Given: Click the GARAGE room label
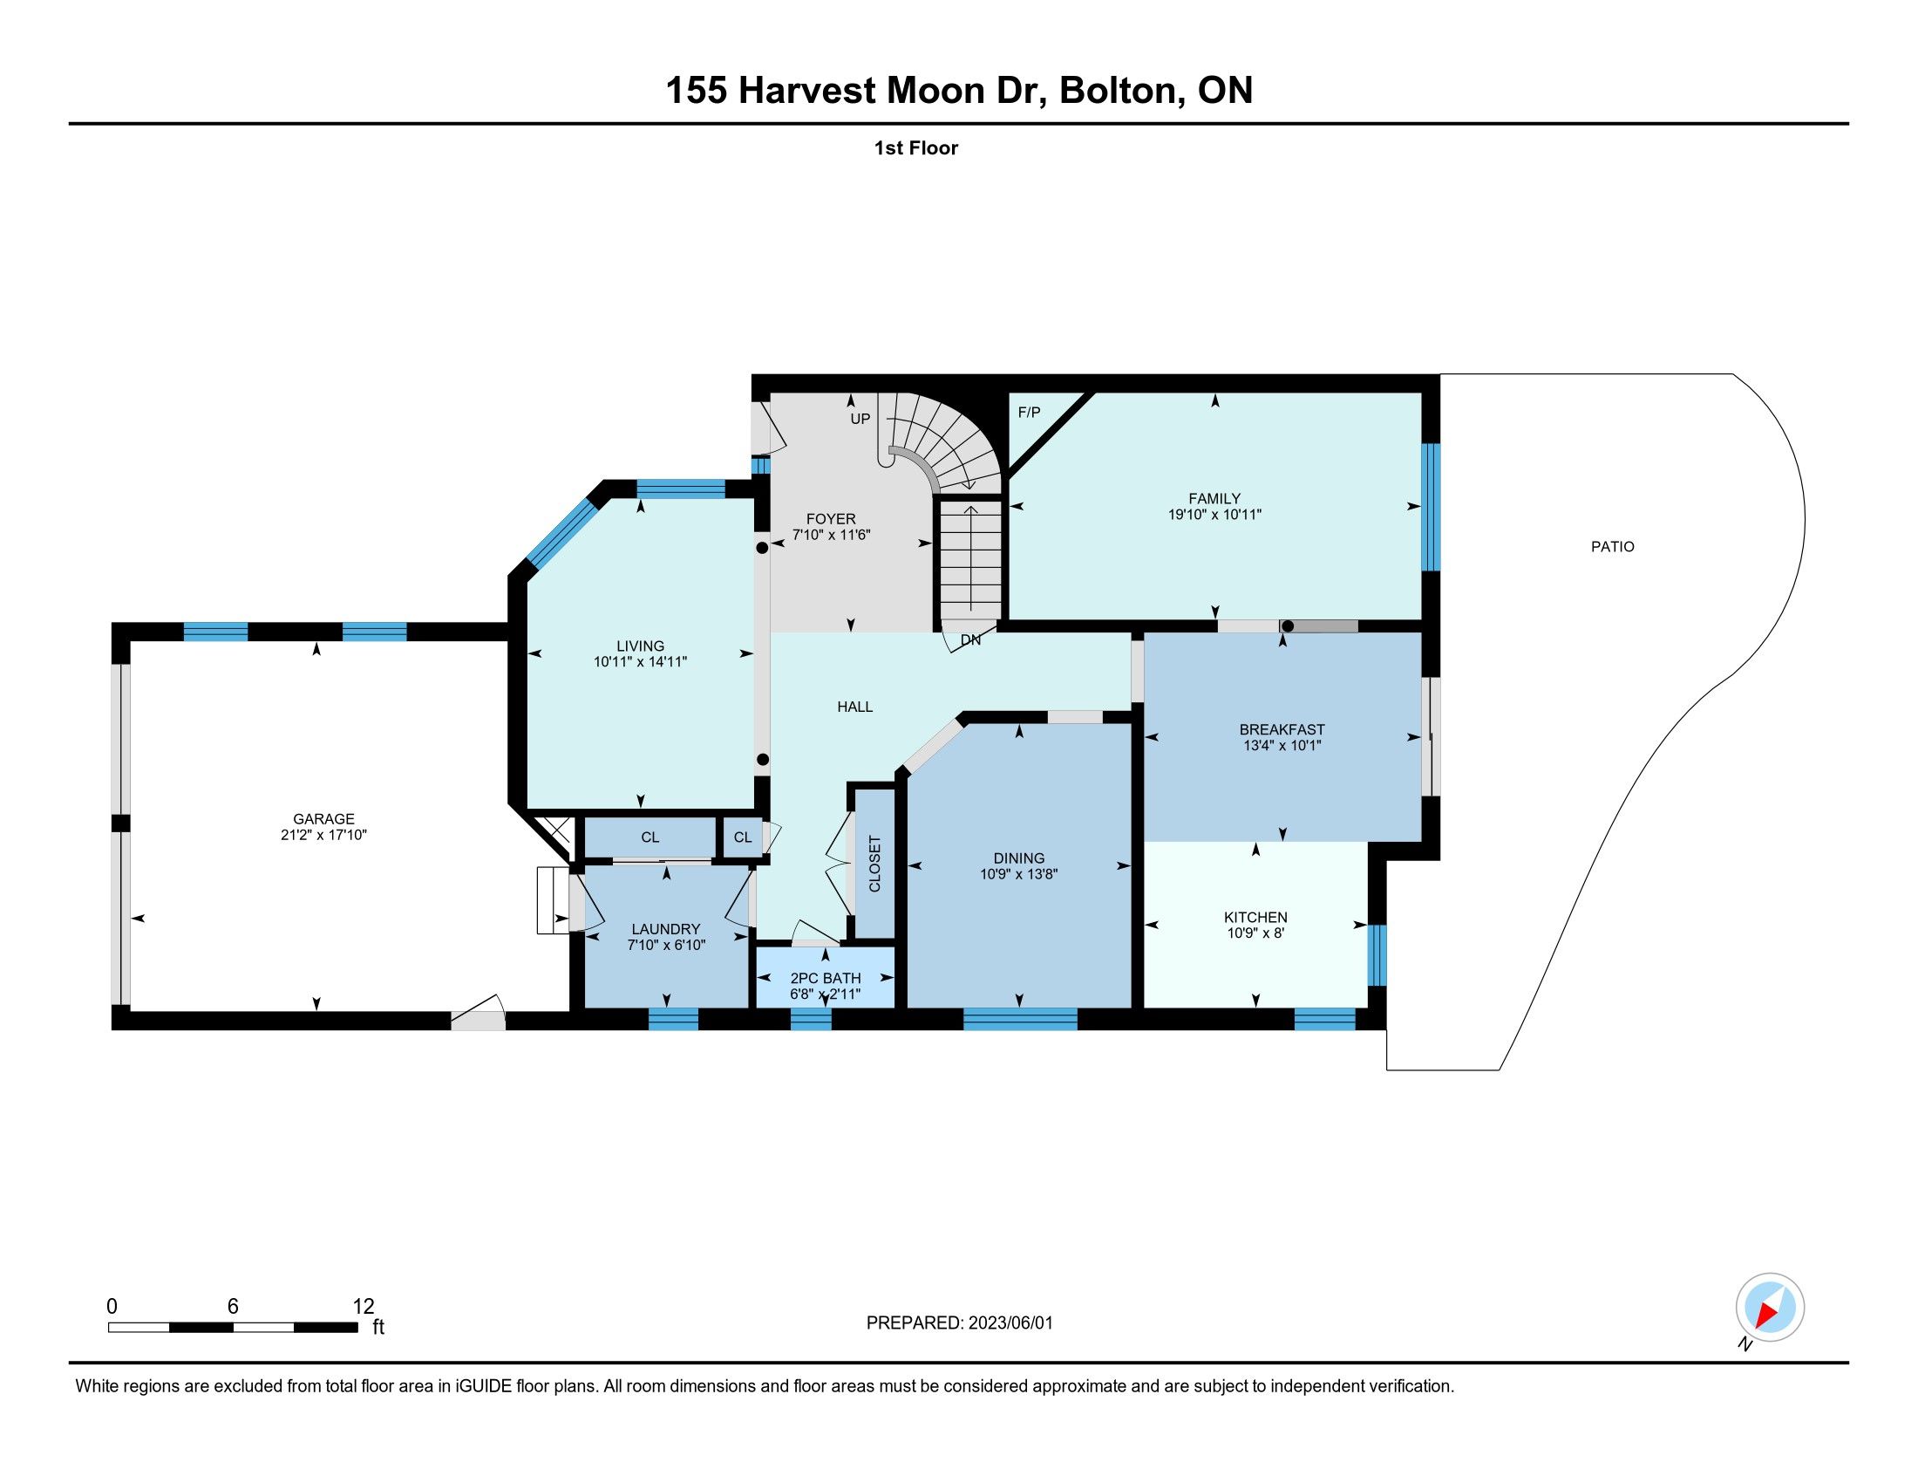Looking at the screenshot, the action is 324,819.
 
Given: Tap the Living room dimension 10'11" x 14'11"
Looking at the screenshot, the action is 640,662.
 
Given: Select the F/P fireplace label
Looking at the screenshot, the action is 1030,412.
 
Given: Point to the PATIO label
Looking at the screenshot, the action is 1613,546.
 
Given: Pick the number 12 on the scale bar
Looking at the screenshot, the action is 363,1307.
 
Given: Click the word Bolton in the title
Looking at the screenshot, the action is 1117,91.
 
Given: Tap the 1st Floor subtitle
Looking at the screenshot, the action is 916,148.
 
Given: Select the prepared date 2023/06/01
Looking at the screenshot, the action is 1010,1323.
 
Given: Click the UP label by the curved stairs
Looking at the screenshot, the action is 860,419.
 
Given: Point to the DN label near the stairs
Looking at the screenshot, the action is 970,640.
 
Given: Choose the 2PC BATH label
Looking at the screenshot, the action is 826,979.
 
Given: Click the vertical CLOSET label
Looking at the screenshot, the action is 874,864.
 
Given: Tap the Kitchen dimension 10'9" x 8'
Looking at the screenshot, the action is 1255,933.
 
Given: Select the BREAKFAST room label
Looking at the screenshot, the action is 1282,729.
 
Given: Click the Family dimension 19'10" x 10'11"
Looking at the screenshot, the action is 1214,515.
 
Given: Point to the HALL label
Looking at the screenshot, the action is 855,707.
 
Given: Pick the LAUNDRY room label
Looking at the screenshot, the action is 667,930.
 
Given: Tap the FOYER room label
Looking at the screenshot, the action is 831,519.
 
